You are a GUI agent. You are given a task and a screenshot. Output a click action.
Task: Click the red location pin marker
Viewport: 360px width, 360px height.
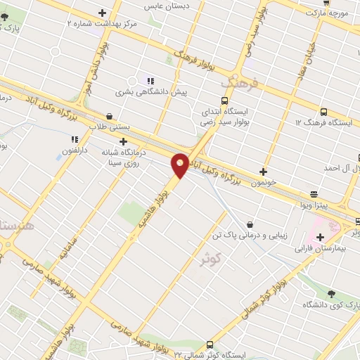click(x=180, y=165)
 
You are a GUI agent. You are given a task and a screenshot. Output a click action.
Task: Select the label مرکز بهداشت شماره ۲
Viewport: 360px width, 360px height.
click(x=101, y=23)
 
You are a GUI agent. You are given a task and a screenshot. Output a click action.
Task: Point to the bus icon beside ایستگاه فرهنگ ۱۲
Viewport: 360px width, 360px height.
click(x=323, y=112)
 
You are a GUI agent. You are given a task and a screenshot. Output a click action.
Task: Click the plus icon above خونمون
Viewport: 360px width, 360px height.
click(x=264, y=171)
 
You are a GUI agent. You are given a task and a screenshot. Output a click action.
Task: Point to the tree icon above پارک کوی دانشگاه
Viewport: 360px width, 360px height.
click(x=330, y=294)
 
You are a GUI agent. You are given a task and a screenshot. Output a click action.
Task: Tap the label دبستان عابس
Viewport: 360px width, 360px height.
click(x=159, y=6)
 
